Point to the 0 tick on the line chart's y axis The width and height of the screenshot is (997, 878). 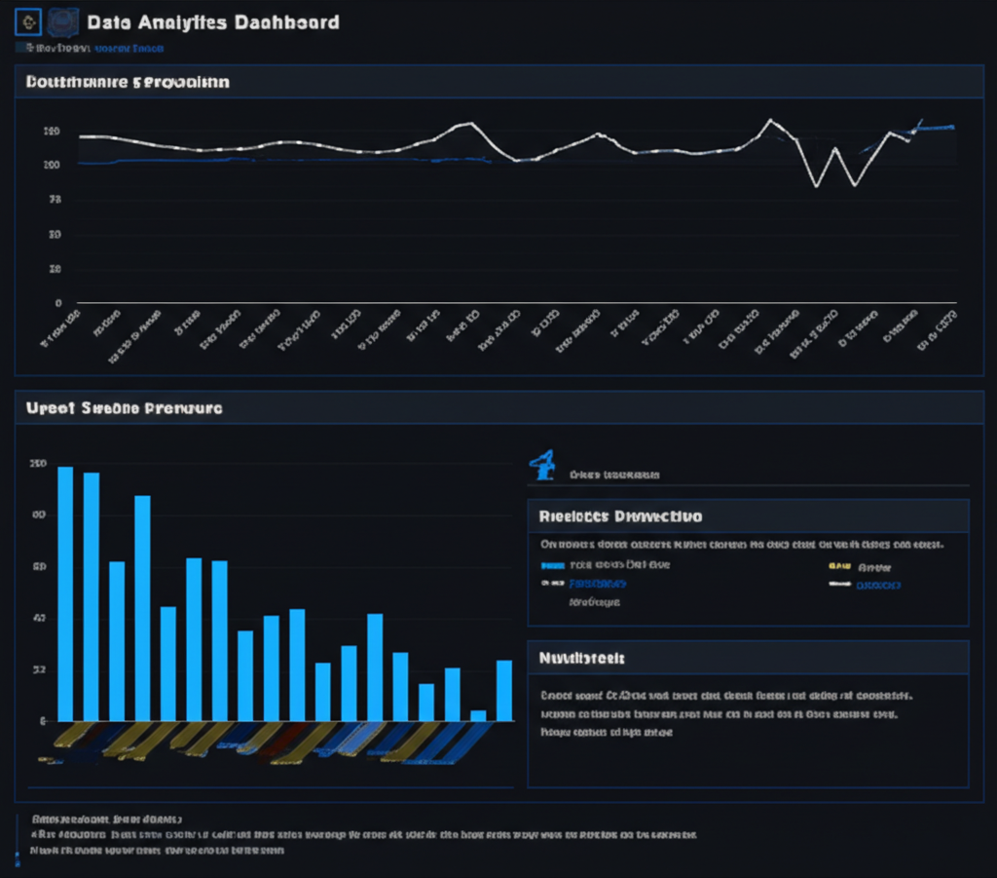(x=58, y=303)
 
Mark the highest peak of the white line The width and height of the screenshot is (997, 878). (x=770, y=120)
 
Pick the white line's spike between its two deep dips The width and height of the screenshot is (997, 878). (x=835, y=148)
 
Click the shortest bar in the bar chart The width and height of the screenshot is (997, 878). (x=478, y=714)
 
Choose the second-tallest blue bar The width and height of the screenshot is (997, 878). (x=92, y=595)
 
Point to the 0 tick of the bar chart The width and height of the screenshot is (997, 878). (x=45, y=720)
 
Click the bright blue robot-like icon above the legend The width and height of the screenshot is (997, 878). (x=542, y=466)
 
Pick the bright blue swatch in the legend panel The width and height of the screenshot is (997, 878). (x=552, y=565)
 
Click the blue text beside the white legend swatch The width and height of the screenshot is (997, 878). (x=878, y=585)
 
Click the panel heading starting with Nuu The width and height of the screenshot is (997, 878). (x=582, y=659)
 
